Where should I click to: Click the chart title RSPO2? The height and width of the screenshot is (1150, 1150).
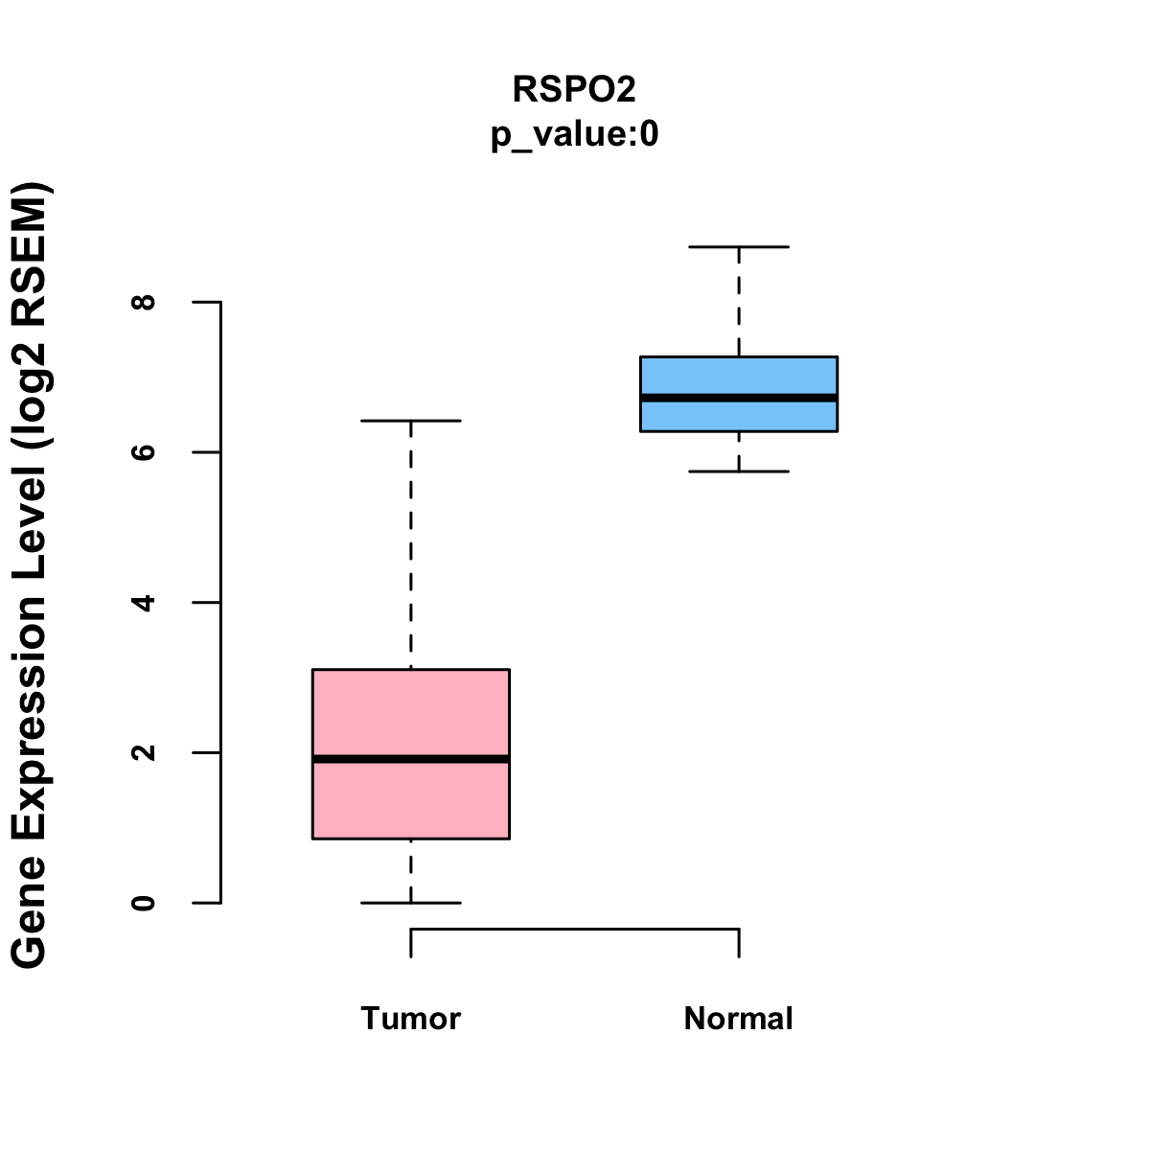[x=574, y=89]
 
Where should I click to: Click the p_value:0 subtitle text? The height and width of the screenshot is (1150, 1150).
[x=574, y=135]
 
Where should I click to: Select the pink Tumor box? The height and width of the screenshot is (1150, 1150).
[x=410, y=709]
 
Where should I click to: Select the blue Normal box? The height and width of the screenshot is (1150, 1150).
[x=739, y=374]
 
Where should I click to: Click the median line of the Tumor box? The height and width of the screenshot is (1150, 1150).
[x=410, y=759]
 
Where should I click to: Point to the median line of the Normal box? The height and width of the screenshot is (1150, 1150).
[x=739, y=397]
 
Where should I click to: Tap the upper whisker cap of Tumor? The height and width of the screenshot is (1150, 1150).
[x=410, y=421]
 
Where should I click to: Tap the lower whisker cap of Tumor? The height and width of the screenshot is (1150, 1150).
[x=410, y=903]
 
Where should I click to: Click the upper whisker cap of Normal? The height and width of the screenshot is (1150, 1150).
[x=739, y=247]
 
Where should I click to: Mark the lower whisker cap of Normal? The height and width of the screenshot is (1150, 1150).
[x=739, y=471]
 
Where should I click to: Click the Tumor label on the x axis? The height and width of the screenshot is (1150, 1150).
[x=410, y=1019]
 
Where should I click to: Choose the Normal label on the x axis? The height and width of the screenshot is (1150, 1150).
[x=739, y=1019]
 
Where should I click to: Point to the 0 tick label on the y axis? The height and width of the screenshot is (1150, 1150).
[x=145, y=903]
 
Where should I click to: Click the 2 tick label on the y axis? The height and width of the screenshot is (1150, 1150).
[x=145, y=752]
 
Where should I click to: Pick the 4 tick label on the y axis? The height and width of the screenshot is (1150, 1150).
[x=145, y=603]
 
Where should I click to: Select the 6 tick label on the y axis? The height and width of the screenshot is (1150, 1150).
[x=145, y=452]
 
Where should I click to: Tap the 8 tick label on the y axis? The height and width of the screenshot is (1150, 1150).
[x=145, y=302]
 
